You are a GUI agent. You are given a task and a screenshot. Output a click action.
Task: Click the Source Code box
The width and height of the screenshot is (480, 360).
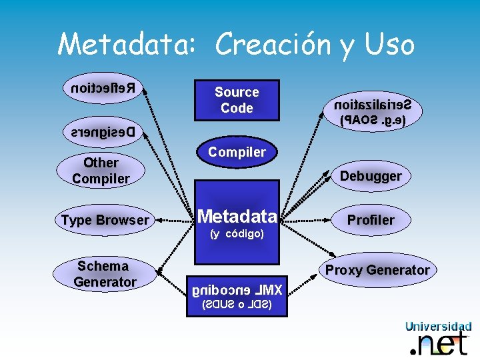pyautogui.click(x=237, y=100)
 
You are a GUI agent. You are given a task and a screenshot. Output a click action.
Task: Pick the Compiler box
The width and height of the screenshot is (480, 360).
pyautogui.click(x=237, y=152)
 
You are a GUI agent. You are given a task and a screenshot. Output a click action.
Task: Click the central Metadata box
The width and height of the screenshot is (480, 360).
pyautogui.click(x=237, y=216)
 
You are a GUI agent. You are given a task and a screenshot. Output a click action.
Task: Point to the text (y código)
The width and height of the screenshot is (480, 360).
pyautogui.click(x=237, y=234)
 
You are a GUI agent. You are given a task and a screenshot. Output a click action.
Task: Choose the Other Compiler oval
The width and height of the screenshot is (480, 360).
pyautogui.click(x=101, y=171)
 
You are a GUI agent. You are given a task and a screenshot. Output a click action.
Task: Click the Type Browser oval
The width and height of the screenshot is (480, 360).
pyautogui.click(x=105, y=220)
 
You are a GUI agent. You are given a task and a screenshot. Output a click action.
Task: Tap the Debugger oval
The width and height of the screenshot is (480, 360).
pyautogui.click(x=371, y=177)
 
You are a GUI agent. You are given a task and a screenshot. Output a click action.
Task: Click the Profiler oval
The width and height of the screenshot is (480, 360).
pyautogui.click(x=371, y=220)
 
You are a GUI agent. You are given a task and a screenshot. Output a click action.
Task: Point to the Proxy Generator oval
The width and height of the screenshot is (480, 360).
pyautogui.click(x=377, y=270)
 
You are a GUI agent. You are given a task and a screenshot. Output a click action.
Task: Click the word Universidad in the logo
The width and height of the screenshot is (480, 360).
pyautogui.click(x=438, y=327)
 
